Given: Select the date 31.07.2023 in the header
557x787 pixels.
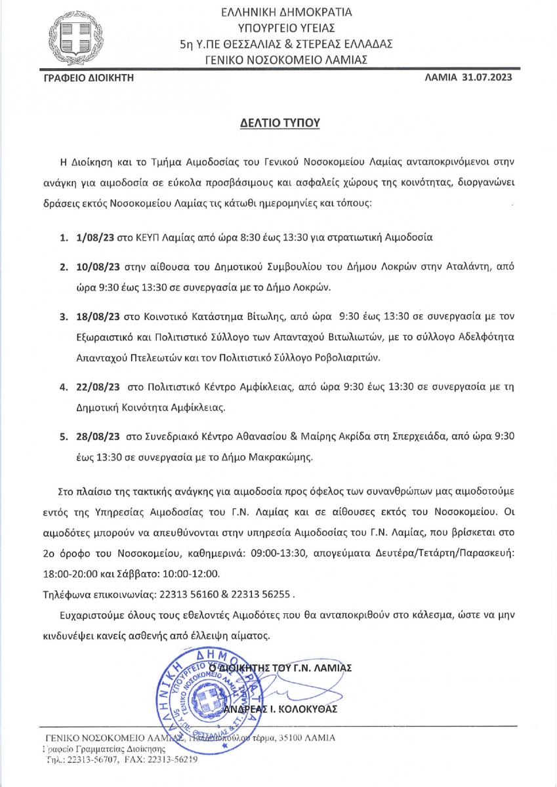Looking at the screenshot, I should tap(486, 77).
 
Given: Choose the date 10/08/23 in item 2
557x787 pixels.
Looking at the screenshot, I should tap(97, 268).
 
